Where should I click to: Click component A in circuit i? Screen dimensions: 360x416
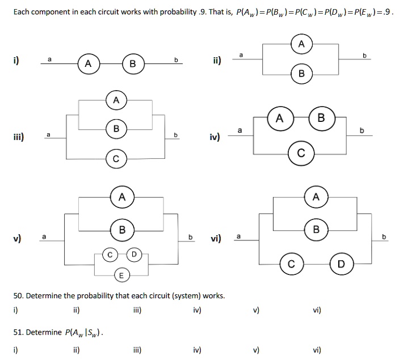(x=87, y=64)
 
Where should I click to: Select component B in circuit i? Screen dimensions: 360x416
(x=132, y=64)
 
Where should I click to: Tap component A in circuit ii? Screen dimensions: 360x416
(x=301, y=44)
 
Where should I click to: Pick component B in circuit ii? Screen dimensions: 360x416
(x=301, y=74)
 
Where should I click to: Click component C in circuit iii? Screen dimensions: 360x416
(x=116, y=159)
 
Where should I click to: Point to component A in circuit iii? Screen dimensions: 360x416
(x=116, y=100)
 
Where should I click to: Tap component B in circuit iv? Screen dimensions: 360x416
(x=322, y=118)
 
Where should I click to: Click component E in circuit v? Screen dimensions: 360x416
(x=120, y=276)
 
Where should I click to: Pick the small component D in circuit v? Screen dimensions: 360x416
(x=134, y=254)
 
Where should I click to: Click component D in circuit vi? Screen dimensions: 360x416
(x=341, y=264)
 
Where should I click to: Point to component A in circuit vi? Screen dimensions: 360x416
(x=316, y=197)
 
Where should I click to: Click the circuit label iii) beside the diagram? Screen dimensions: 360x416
(x=18, y=136)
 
